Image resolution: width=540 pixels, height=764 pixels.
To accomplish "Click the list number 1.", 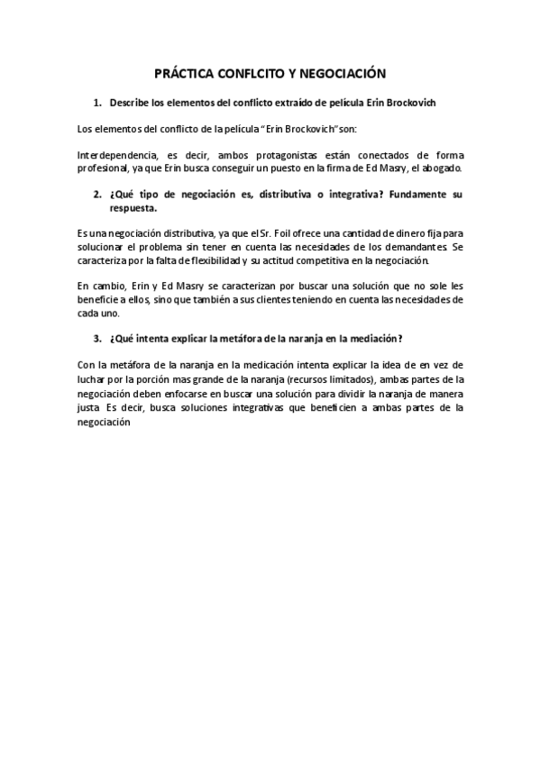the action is click(x=97, y=103).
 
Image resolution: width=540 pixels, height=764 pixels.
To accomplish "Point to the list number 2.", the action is click(x=97, y=196).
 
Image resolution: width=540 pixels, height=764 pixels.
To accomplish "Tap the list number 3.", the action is click(x=97, y=338).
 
